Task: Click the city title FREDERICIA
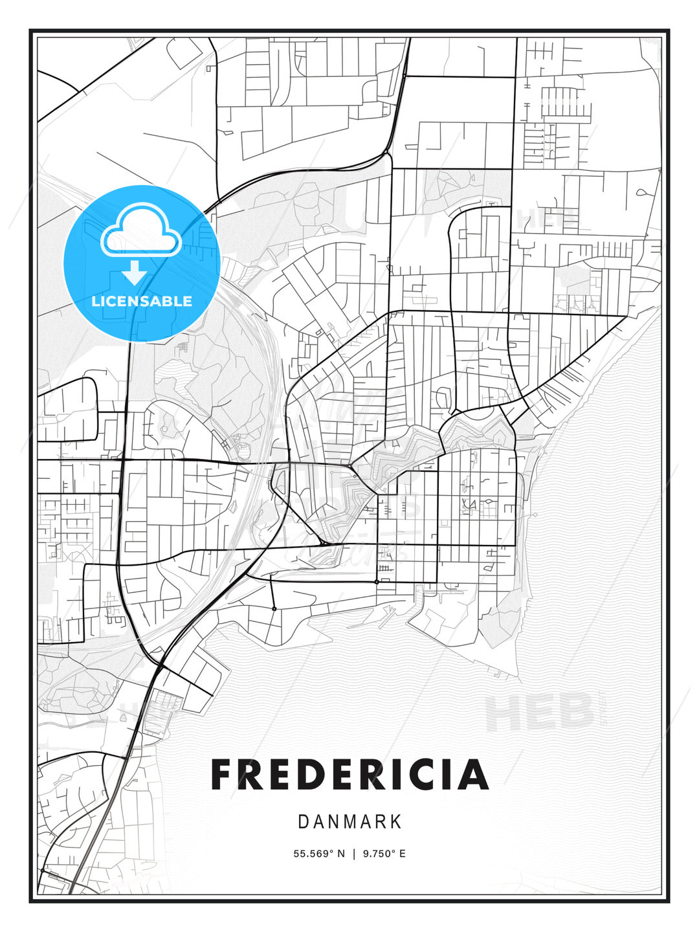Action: [349, 775]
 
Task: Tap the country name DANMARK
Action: [349, 822]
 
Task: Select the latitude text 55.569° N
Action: [319, 854]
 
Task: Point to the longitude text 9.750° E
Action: [384, 854]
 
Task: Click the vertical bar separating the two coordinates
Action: [354, 854]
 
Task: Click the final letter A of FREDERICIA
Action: [474, 775]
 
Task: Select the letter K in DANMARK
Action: [395, 822]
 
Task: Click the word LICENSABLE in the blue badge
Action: [142, 301]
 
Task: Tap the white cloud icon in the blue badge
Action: [140, 230]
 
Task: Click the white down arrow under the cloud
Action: [135, 272]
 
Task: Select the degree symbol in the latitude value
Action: [331, 851]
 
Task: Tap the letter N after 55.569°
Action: [341, 854]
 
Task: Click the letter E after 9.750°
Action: [402, 854]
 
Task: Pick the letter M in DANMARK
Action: [349, 822]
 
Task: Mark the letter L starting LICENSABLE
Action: [95, 301]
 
